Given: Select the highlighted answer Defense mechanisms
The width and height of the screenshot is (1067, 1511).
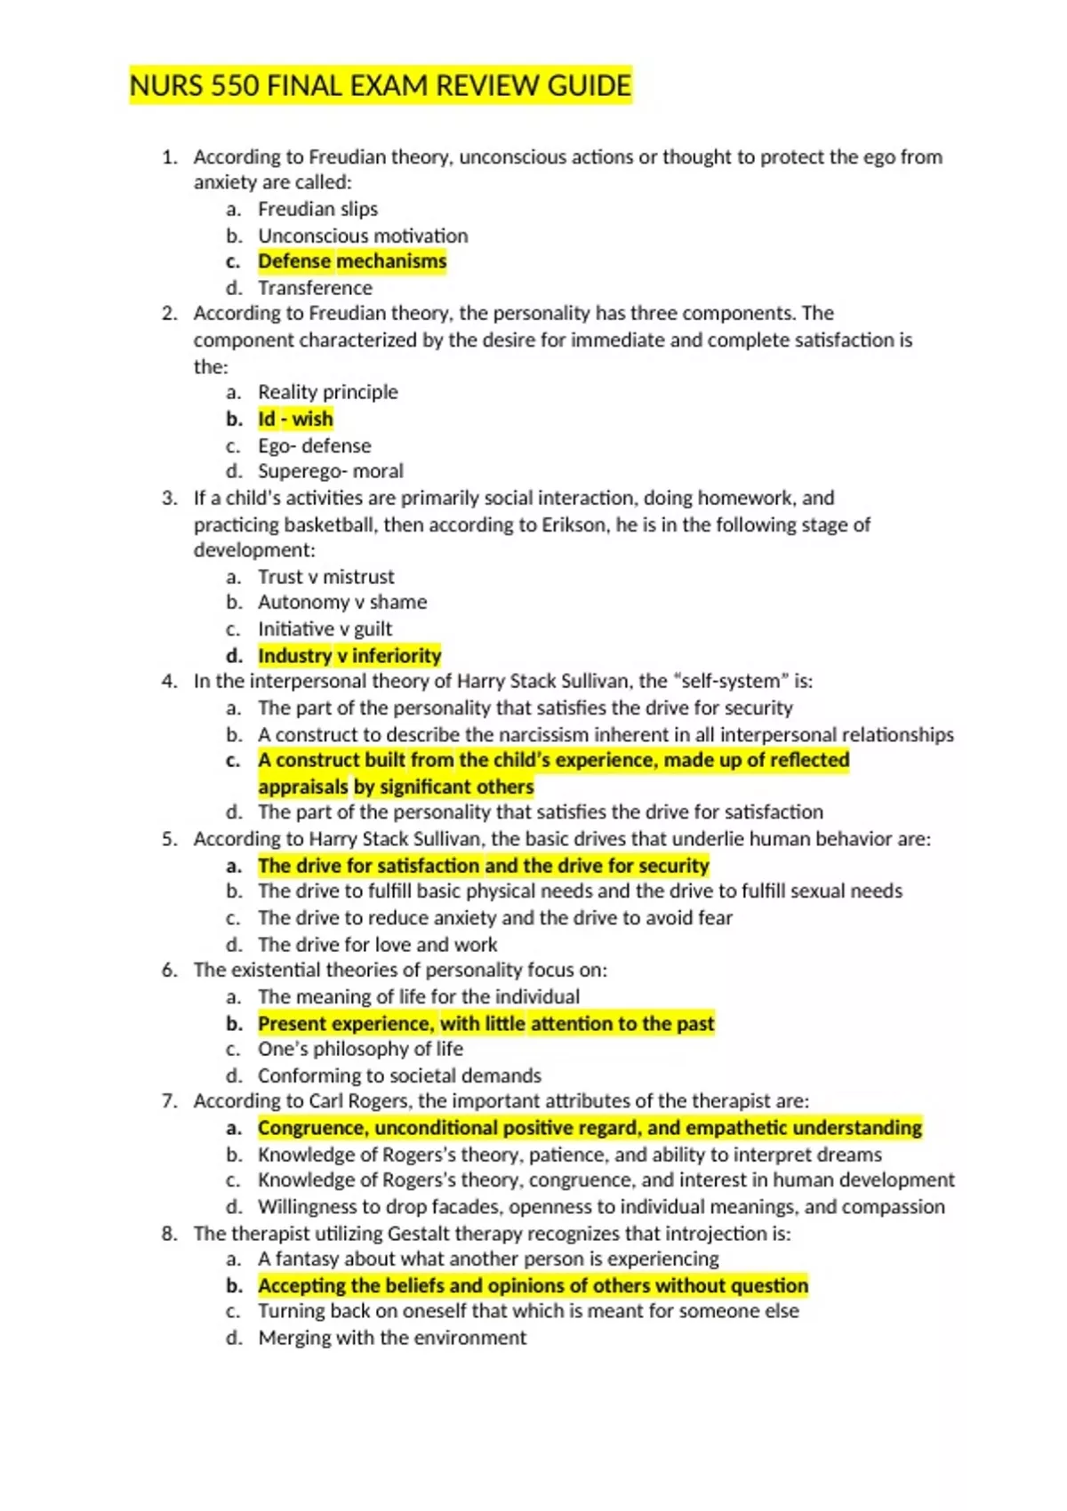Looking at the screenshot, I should tap(352, 261).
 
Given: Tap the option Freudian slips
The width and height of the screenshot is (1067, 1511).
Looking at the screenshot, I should tap(317, 209).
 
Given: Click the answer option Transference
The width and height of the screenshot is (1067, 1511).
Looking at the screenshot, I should tap(315, 288).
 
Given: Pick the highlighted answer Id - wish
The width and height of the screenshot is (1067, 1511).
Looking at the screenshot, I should tap(295, 419).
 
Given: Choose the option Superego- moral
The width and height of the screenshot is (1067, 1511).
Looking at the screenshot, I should tap(330, 471).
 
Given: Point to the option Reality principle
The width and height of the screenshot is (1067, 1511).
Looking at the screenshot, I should tap(327, 392).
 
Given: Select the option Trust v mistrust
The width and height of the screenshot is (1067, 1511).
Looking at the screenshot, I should tap(325, 577).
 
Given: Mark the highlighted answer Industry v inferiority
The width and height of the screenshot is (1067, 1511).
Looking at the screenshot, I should tap(349, 656).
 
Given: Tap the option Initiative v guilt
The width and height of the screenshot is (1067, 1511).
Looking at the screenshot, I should tap(325, 629).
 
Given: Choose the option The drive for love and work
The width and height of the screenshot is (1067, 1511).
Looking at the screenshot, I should tap(377, 945).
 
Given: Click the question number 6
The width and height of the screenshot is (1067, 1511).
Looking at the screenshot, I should tap(169, 971).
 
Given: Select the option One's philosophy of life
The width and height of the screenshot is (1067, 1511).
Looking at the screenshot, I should tap(360, 1050).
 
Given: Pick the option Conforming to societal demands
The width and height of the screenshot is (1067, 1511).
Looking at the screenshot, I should tap(399, 1076).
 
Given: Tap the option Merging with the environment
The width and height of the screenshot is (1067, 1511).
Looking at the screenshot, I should tap(391, 1339).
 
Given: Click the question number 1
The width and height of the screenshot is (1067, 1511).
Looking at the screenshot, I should tap(169, 157).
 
